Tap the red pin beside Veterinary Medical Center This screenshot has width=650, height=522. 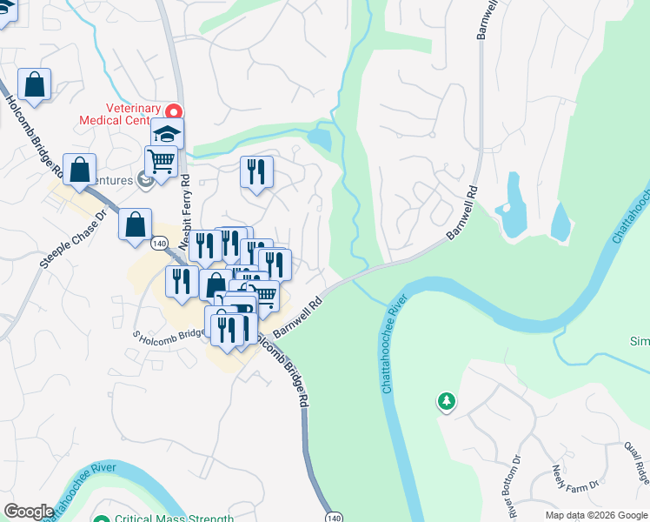pyautogui.click(x=174, y=112)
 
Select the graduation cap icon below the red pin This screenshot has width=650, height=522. pyautogui.click(x=167, y=134)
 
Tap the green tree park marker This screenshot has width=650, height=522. pyautogui.click(x=446, y=401)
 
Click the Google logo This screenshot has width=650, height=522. pyautogui.click(x=29, y=512)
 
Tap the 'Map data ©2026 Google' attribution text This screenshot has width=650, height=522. pyautogui.click(x=596, y=515)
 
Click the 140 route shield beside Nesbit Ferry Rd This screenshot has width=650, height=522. pyautogui.click(x=158, y=244)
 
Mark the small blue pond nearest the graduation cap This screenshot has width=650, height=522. pyautogui.click(x=319, y=137)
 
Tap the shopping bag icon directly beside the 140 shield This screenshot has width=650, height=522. pyautogui.click(x=136, y=224)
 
